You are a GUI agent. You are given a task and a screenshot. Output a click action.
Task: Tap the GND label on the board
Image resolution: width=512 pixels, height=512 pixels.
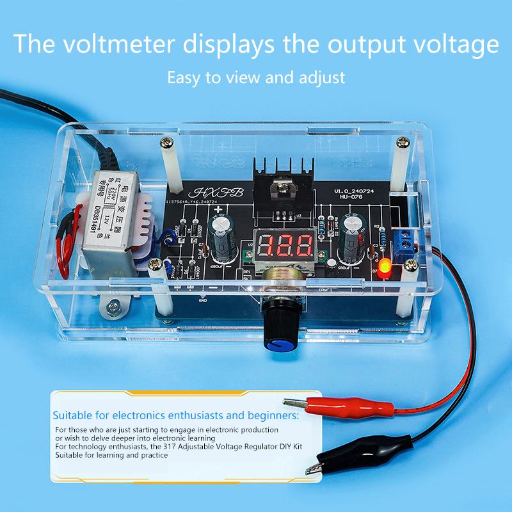[203, 299]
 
